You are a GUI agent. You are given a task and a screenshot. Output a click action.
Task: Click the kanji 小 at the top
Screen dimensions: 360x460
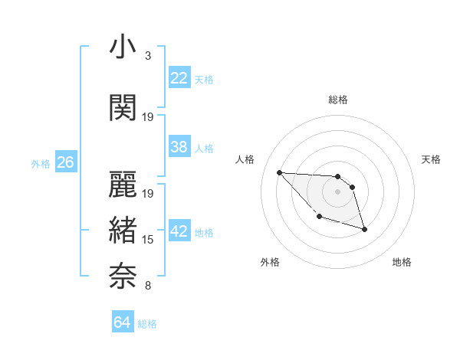(123, 47)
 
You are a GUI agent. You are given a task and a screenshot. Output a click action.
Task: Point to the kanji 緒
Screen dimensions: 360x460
(123, 229)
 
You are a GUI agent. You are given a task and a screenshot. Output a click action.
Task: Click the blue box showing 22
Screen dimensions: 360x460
(179, 78)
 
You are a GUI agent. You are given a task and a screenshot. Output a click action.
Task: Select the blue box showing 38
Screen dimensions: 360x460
(179, 147)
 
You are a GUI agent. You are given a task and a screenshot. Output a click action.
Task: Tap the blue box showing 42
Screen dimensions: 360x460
(179, 232)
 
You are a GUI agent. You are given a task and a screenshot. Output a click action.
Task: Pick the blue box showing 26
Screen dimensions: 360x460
(65, 162)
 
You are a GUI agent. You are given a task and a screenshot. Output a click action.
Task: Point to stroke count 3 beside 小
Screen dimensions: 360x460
(147, 56)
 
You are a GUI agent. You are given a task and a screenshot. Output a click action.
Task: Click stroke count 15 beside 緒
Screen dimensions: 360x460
(148, 240)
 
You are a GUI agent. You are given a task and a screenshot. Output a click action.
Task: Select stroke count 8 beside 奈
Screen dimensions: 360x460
(147, 286)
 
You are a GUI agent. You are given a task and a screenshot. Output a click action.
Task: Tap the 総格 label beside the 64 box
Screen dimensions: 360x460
(147, 324)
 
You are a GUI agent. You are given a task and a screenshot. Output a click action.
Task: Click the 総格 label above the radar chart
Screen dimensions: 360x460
(337, 100)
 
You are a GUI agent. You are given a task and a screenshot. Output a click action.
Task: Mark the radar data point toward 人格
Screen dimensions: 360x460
(279, 172)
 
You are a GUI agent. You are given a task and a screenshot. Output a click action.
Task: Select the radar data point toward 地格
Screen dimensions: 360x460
(364, 229)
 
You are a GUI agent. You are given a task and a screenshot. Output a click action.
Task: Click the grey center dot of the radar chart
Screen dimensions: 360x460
(337, 191)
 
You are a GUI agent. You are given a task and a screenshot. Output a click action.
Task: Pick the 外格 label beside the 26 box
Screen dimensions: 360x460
(41, 163)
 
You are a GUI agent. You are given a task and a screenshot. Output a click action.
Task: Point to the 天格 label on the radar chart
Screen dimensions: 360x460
(432, 159)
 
